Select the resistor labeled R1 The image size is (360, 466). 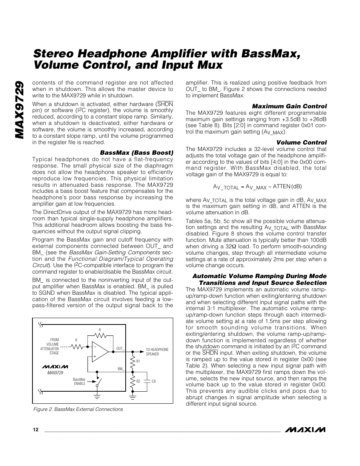coord(132,361)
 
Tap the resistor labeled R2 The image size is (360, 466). coord(132,381)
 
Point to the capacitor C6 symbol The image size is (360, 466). coord(148,381)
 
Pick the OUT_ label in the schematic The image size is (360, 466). coord(120,348)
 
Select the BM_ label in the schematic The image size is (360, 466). coord(121,368)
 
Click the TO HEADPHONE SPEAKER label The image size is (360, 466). coord(157,352)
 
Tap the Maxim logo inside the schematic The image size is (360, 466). coord(55,366)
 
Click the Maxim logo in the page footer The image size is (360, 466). coord(306,429)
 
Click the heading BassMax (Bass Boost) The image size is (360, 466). coord(136,153)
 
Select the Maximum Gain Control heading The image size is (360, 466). coord(289,106)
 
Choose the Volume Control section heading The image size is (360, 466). coord(302,142)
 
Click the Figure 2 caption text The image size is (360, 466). coord(78,409)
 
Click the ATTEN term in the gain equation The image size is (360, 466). coord(282,186)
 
